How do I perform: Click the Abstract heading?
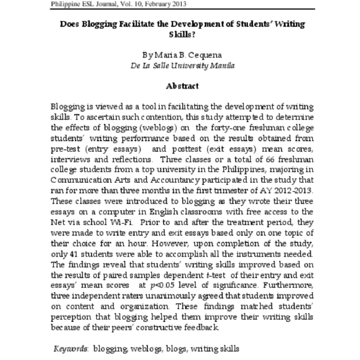point(180,86)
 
